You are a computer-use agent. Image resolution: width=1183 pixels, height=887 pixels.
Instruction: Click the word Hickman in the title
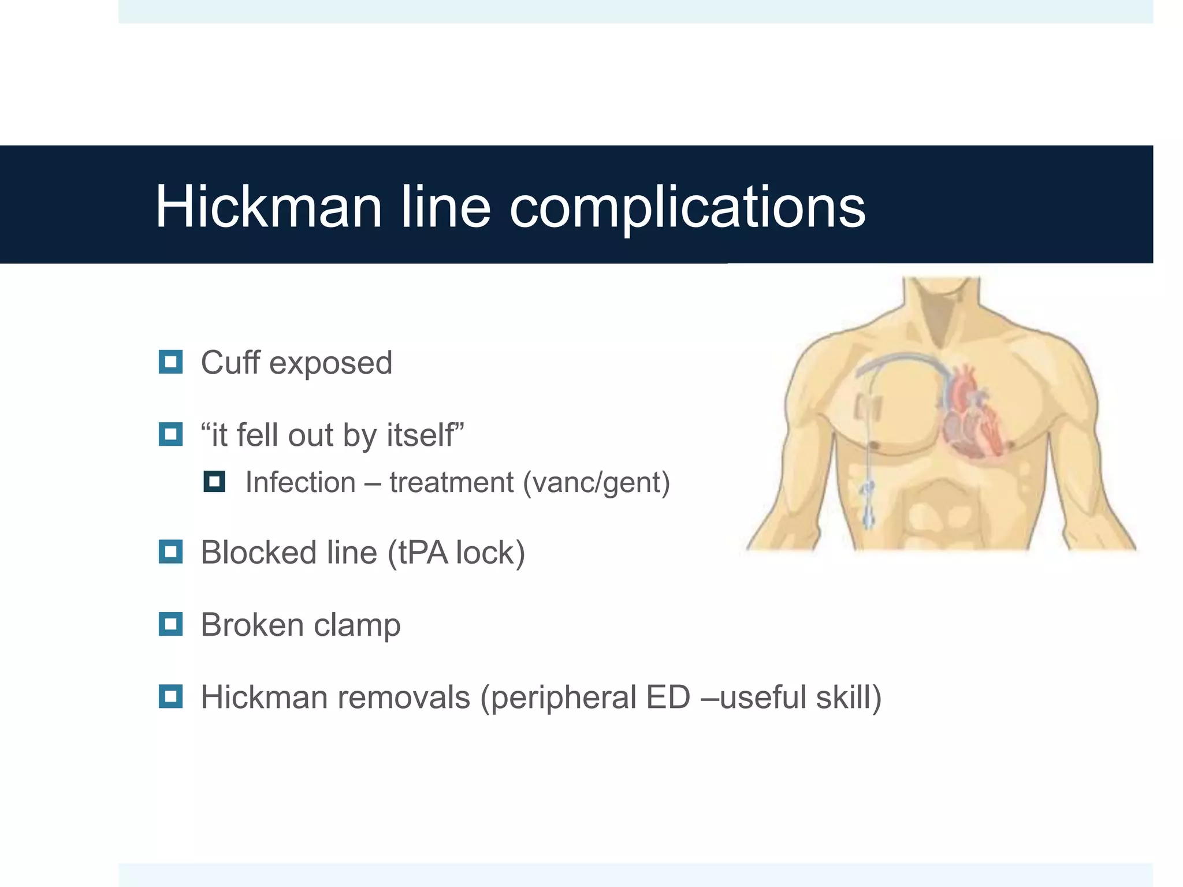[x=269, y=207]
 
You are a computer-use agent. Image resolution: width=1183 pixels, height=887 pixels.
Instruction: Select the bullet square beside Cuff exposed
[x=170, y=362]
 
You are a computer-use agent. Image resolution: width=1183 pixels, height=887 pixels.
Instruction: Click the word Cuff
[x=230, y=363]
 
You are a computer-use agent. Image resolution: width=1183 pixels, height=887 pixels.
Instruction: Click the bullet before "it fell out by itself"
[x=170, y=434]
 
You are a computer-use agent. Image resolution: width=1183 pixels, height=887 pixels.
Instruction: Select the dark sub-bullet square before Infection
[x=214, y=482]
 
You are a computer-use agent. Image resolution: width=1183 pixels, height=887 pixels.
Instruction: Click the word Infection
[x=300, y=482]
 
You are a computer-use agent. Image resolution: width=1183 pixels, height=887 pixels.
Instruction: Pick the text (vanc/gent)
[x=596, y=483]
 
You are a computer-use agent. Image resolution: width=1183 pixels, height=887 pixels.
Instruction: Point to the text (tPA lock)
[x=456, y=553]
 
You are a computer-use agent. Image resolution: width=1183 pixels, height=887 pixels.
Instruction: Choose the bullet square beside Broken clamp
[x=170, y=624]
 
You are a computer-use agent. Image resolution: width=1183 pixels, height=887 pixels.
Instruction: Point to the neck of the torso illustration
[x=942, y=306]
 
